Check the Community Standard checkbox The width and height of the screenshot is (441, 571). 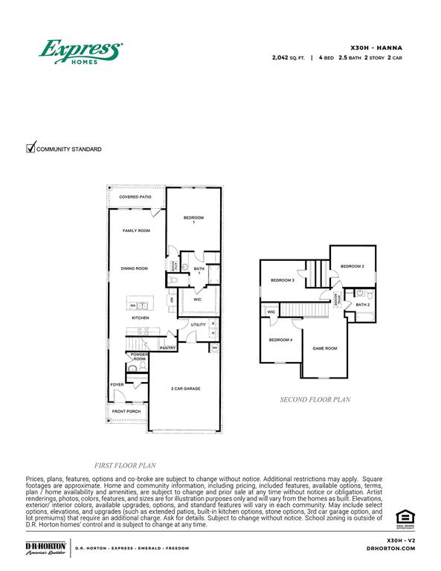point(31,148)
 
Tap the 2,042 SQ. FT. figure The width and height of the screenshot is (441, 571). point(293,57)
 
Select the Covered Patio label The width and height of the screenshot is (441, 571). point(135,197)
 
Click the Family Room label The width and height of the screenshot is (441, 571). point(136,231)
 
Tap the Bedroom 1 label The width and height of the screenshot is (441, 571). point(193,219)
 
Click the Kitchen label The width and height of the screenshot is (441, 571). point(141,317)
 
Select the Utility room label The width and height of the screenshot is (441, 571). point(198,325)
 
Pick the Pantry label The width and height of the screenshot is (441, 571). point(167,347)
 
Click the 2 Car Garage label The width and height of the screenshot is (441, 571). point(186,389)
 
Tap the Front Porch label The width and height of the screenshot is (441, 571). point(126,411)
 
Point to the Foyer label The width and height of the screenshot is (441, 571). point(118,384)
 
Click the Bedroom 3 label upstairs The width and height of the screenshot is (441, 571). point(282,280)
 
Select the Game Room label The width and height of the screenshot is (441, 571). point(324,348)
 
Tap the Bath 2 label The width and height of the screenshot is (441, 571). point(362,305)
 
